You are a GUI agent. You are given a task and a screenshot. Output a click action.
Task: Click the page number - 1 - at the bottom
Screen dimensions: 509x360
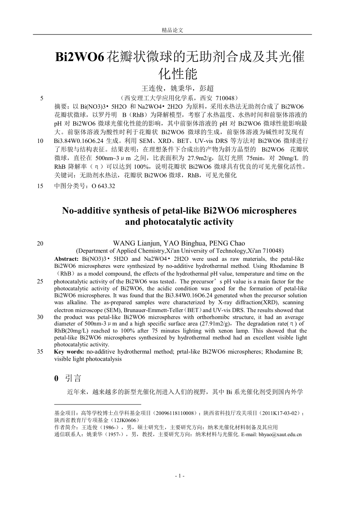[x=180, y=476]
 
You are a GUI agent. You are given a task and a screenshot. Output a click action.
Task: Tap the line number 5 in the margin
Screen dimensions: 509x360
[x=41, y=98]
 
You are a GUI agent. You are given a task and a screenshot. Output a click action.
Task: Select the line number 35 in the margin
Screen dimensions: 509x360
[x=40, y=352]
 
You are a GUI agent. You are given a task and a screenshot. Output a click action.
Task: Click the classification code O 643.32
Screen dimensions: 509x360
[x=103, y=186]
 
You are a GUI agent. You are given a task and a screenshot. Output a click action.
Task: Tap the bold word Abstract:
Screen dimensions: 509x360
[x=67, y=259]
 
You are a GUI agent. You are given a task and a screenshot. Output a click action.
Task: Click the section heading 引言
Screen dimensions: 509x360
[x=73, y=378]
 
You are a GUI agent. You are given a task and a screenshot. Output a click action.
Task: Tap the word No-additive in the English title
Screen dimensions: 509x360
[x=86, y=210]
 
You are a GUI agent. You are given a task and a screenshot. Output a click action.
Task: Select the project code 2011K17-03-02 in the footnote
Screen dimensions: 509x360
[x=281, y=413]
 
